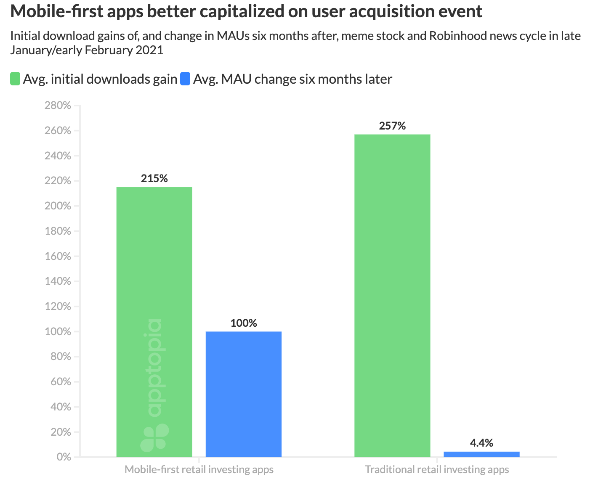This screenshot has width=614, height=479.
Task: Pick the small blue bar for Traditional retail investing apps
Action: pos(481,454)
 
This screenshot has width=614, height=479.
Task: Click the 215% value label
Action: pos(154,178)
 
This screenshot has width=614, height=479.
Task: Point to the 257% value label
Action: pos(392,126)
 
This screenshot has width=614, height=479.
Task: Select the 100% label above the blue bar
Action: pos(243,323)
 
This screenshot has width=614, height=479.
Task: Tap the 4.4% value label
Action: pos(481,443)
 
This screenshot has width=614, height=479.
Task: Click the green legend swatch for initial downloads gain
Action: pos(15,79)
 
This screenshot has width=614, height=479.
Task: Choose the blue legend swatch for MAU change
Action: pos(185,79)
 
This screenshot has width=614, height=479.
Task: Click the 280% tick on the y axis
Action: pos(58,105)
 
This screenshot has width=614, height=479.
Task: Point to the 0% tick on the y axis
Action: pos(63,457)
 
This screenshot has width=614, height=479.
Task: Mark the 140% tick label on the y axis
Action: pos(58,281)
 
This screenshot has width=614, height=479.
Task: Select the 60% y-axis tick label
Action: pos(61,381)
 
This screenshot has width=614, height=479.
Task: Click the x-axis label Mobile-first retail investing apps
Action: pos(199,469)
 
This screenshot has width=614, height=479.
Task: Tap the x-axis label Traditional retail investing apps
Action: pos(437,469)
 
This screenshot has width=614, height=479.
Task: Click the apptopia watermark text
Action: pos(154,368)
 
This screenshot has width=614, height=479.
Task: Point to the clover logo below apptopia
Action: pos(154,438)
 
